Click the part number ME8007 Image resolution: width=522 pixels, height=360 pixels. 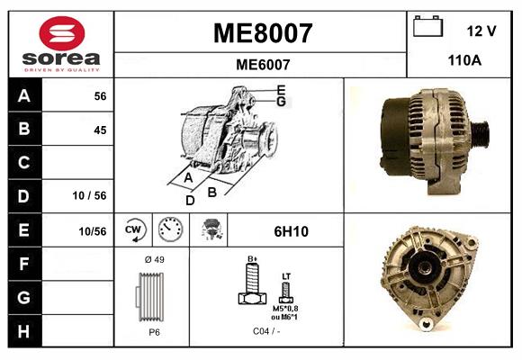click(x=262, y=33)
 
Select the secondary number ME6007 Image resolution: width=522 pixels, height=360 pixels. click(x=262, y=64)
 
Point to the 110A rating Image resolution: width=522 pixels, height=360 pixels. click(x=465, y=62)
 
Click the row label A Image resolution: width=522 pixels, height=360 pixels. click(x=24, y=95)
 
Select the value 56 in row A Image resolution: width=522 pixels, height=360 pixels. click(x=100, y=96)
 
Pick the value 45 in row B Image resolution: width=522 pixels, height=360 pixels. click(x=100, y=130)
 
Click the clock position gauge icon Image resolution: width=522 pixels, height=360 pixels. click(x=168, y=230)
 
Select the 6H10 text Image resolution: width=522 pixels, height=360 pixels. click(x=291, y=231)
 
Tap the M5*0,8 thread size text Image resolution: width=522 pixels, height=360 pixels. click(x=286, y=309)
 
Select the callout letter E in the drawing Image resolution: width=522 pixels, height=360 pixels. click(x=281, y=89)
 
